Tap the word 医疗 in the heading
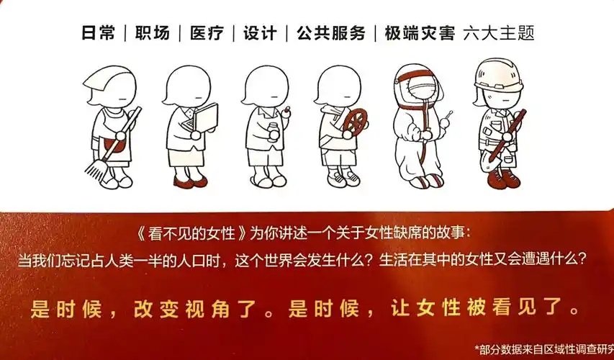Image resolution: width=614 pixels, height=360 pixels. (205, 34)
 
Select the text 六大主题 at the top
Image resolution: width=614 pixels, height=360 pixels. (495, 34)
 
